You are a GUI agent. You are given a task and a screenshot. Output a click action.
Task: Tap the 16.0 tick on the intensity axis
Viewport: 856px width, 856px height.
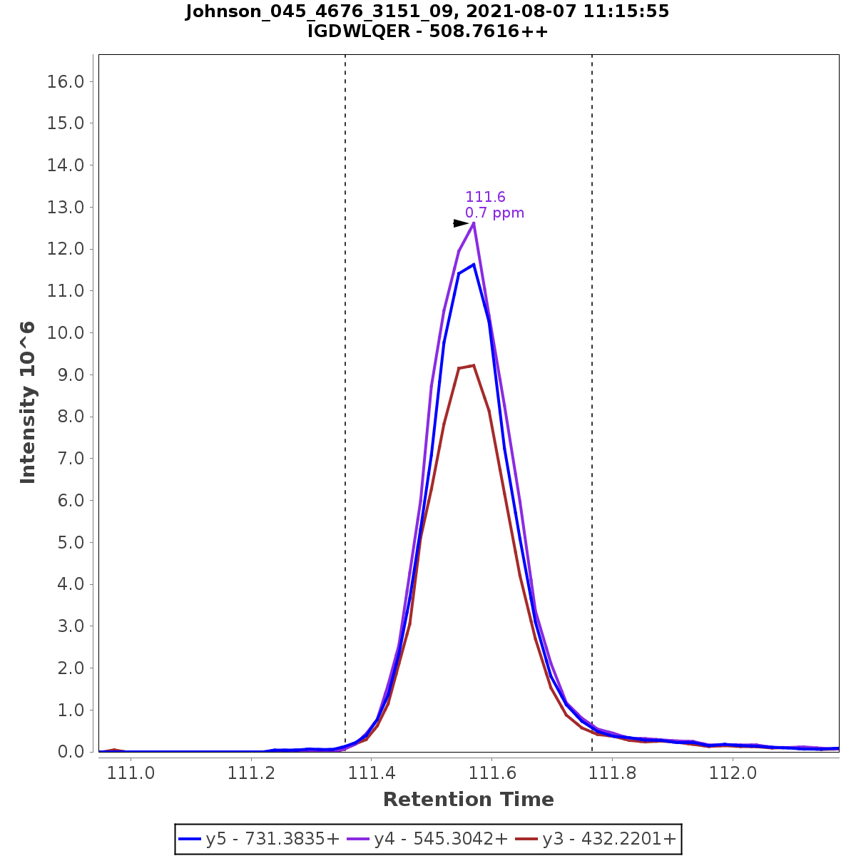click(x=66, y=82)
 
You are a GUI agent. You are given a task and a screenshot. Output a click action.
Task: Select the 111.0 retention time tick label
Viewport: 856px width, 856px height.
click(x=131, y=773)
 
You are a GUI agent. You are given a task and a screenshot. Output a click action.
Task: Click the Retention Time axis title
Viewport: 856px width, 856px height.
click(x=468, y=800)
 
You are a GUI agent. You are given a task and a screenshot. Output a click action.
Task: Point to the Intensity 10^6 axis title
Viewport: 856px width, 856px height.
click(x=28, y=403)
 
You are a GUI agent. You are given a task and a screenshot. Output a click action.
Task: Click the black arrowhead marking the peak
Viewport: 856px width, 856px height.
click(x=461, y=223)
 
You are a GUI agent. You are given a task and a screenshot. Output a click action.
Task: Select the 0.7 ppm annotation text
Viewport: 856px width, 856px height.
click(x=494, y=213)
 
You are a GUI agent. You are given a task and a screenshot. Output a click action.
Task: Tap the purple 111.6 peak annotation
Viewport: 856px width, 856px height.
click(x=485, y=198)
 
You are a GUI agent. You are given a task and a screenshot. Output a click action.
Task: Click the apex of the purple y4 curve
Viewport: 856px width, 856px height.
click(x=474, y=223)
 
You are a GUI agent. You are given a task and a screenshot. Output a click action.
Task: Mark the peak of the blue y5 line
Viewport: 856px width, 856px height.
click(x=474, y=265)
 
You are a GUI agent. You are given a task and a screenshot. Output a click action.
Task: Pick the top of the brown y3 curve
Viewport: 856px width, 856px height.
click(x=474, y=366)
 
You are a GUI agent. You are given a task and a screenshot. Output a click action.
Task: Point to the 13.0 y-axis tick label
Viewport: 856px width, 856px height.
click(x=66, y=208)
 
